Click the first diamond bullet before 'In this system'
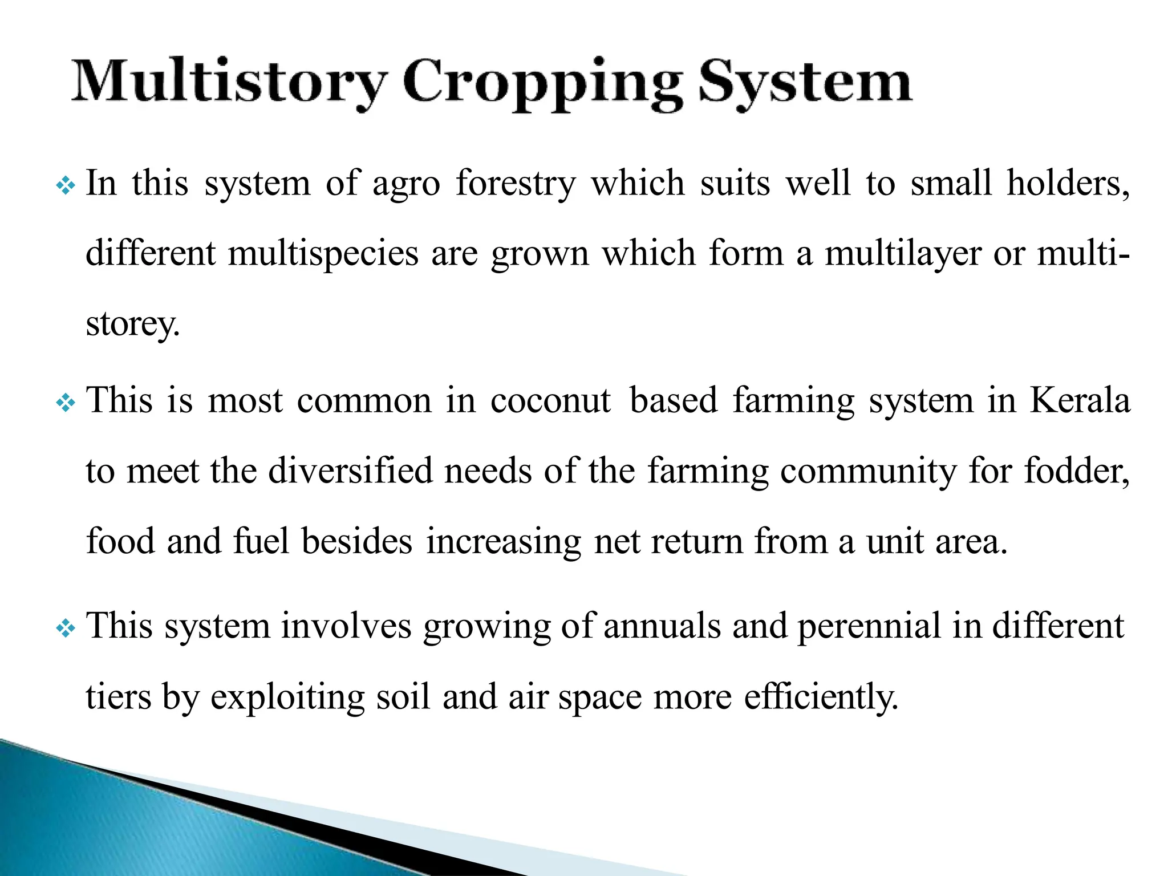pos(66,186)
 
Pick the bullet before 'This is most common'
pos(66,403)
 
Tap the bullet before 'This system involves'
pos(66,628)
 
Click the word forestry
pos(516,185)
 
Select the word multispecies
pos(323,254)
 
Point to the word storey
pos(132,325)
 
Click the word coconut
pos(550,401)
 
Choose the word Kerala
pos(1080,401)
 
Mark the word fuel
pos(261,542)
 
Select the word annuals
pos(662,626)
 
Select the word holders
pos(1068,185)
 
